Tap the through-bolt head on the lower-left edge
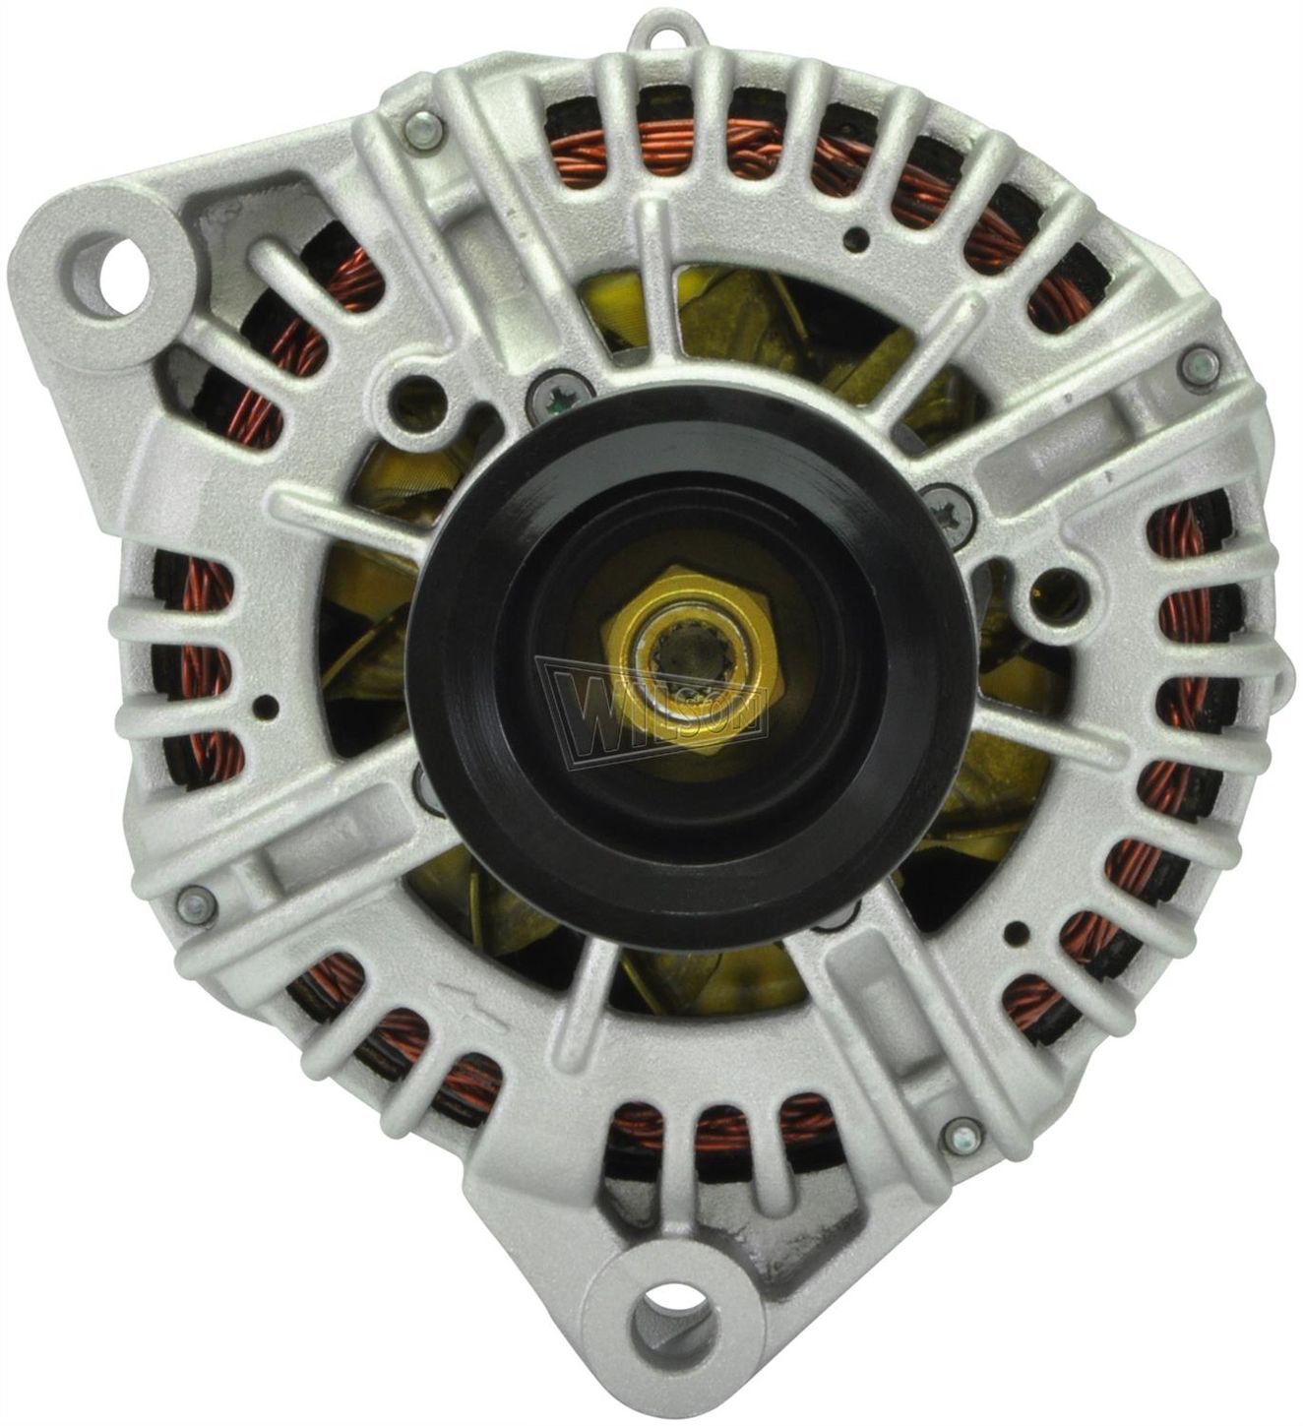(194, 907)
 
